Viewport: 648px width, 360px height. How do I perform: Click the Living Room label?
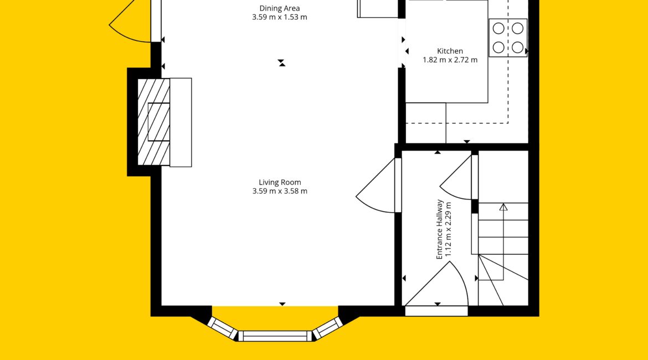click(x=280, y=182)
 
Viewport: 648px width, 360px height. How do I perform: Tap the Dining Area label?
click(x=279, y=8)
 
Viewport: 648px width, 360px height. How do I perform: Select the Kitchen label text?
click(x=450, y=52)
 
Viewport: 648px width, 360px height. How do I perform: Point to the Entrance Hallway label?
click(x=439, y=229)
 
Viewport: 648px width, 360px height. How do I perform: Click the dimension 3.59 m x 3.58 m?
click(x=280, y=192)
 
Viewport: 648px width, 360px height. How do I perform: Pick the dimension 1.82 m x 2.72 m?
click(x=450, y=60)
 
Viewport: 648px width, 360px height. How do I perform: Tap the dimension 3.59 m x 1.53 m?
click(x=279, y=17)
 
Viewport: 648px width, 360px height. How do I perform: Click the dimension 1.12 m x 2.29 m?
click(x=449, y=230)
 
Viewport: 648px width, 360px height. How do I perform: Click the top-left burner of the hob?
click(x=499, y=28)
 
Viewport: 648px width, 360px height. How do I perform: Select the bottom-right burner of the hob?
click(x=518, y=48)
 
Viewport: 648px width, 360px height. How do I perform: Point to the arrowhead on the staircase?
click(x=503, y=207)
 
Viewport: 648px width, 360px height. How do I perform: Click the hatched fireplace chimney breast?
click(x=154, y=122)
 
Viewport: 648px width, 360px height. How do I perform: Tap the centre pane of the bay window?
click(x=275, y=336)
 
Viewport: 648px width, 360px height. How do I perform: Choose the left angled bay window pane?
click(x=222, y=328)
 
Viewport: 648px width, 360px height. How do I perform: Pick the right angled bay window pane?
click(x=328, y=327)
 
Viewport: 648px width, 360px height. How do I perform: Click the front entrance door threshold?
click(x=436, y=311)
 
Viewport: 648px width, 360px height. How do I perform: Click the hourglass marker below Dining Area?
click(x=281, y=63)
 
